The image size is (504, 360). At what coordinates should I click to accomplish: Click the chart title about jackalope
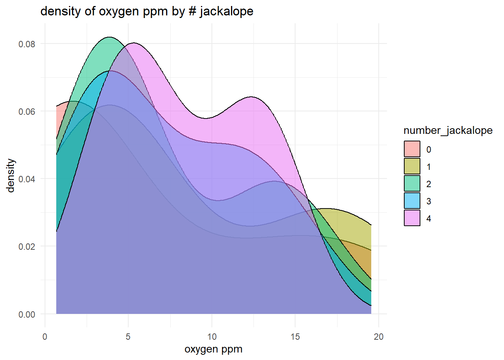tap(147, 11)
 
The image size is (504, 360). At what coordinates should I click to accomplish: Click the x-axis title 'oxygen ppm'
tap(213, 349)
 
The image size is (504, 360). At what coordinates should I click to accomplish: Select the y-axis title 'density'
tap(11, 175)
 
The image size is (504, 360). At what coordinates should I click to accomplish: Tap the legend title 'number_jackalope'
tap(448, 130)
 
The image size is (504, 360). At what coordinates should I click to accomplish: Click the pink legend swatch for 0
tap(412, 149)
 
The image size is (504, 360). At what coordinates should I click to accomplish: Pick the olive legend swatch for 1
tap(412, 166)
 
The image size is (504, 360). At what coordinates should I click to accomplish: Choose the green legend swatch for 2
tap(412, 183)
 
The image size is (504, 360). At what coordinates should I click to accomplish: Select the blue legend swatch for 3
tap(412, 201)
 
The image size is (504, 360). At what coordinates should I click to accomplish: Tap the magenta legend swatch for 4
tap(412, 218)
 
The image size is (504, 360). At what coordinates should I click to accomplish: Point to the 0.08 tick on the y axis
tap(27, 44)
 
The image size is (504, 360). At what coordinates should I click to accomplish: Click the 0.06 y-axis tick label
tap(27, 112)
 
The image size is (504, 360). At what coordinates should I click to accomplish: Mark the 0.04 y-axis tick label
tap(27, 179)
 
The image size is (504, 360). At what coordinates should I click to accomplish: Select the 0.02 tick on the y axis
tap(27, 247)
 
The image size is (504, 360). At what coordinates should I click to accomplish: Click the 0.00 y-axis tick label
tap(27, 314)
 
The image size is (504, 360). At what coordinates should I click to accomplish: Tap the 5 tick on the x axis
tap(128, 337)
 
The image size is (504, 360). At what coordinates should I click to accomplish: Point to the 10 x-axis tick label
tap(211, 337)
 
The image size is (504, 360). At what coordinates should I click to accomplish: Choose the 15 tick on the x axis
tap(295, 337)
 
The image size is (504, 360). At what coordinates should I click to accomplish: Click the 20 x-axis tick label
tap(378, 337)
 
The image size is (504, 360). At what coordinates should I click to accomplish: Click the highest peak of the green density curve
tap(109, 37)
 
